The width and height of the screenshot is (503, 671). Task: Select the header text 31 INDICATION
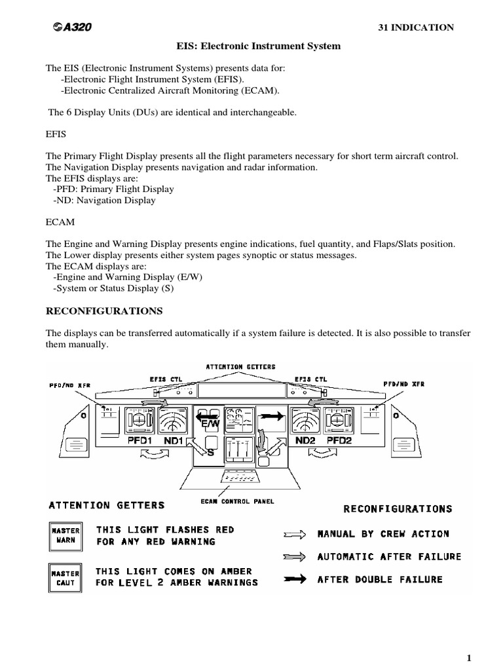tap(416, 27)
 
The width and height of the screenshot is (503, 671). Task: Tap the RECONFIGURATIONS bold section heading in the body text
tap(104, 310)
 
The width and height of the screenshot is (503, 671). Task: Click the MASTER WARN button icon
tap(65, 535)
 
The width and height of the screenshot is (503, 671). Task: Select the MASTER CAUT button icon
tap(65, 577)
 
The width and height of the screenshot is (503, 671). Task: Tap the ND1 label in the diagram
tap(174, 441)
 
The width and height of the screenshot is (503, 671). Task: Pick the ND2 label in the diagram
tap(305, 441)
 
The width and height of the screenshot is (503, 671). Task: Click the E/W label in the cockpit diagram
tap(210, 424)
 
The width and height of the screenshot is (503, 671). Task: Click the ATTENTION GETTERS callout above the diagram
tap(240, 367)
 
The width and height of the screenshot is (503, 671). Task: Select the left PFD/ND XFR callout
tap(69, 385)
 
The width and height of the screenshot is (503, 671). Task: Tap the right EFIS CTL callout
tap(310, 379)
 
